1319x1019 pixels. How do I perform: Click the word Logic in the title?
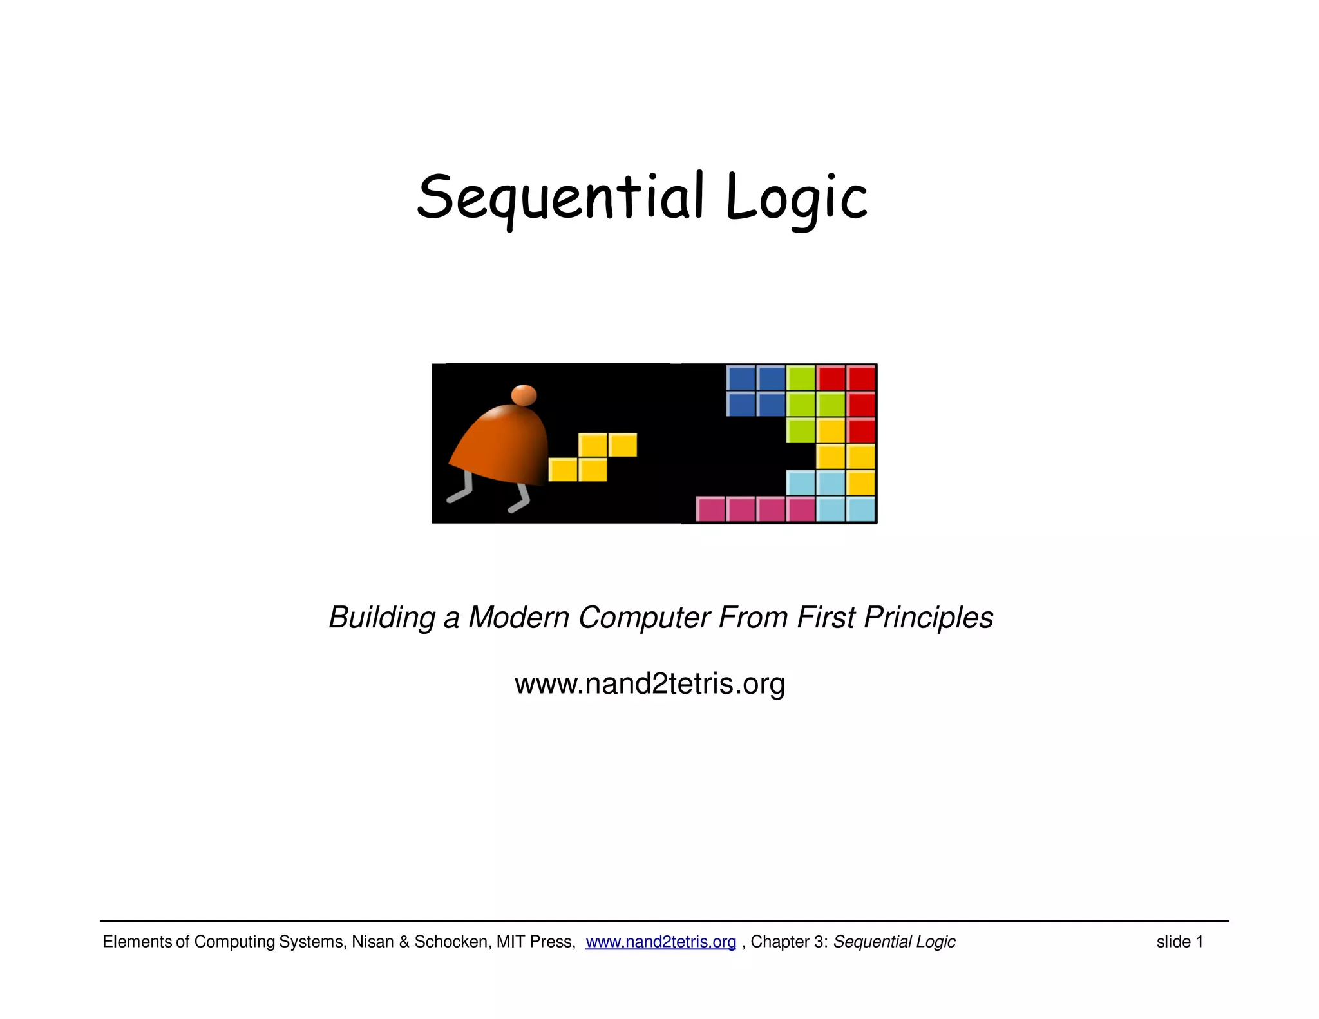(x=796, y=197)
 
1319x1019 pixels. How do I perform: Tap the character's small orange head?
(x=524, y=394)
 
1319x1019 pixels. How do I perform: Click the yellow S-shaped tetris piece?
(x=593, y=457)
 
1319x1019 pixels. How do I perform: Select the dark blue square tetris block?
(x=755, y=391)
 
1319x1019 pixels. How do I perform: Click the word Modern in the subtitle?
(x=518, y=618)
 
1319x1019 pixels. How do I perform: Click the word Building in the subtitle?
(x=382, y=618)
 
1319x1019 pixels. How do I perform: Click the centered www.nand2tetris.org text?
(x=649, y=683)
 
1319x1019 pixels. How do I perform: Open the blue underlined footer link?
(x=661, y=942)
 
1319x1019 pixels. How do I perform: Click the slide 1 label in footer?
(x=1179, y=942)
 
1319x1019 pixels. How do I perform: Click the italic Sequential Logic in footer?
(x=894, y=942)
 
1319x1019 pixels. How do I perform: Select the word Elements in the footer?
(x=137, y=942)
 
